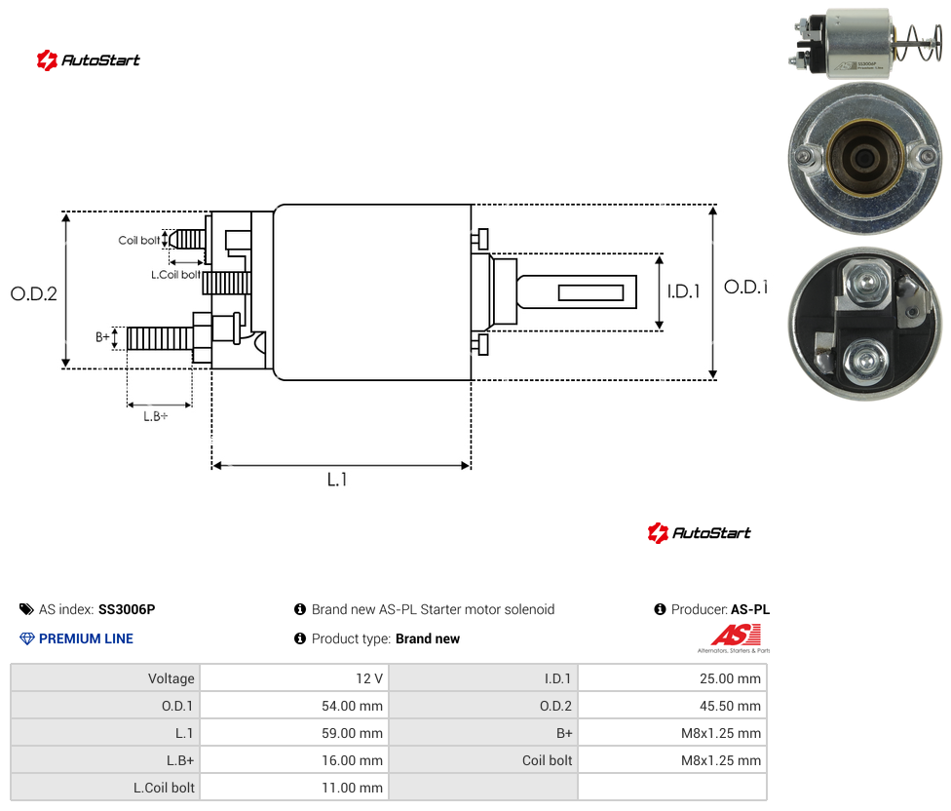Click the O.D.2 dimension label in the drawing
point(34,293)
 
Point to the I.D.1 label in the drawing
point(684,291)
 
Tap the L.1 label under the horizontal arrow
point(337,480)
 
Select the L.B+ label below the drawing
point(155,416)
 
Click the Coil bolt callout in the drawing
point(139,240)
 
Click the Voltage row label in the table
point(171,678)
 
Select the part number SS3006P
point(127,609)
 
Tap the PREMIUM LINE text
point(86,638)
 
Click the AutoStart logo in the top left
point(89,60)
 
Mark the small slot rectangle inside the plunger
point(590,292)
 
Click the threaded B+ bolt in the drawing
point(160,338)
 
